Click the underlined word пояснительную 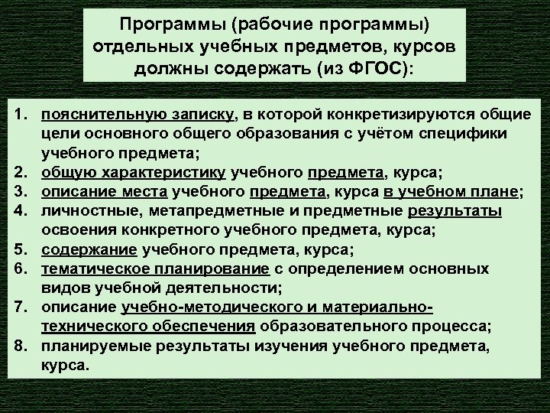pos(92,115)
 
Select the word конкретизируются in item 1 pos(377,115)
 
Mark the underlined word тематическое pos(92,269)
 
